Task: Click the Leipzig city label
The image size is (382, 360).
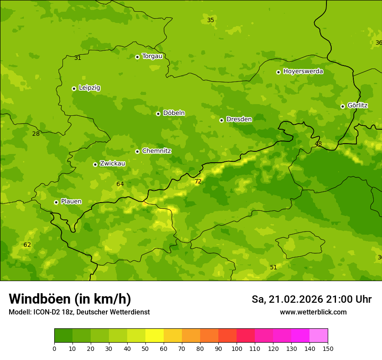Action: [x=89, y=88]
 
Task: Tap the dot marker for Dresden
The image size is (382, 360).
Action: [x=221, y=120]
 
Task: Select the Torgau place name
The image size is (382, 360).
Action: [x=152, y=56]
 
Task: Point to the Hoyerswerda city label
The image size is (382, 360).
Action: [x=303, y=71]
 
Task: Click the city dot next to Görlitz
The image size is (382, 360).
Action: [x=342, y=106]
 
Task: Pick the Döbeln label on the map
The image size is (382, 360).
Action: [x=174, y=113]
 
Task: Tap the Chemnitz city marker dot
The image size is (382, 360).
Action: [x=137, y=151]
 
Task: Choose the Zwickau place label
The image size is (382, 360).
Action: [x=112, y=164]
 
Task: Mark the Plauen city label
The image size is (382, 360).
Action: [x=71, y=201]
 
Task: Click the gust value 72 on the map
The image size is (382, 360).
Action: [x=198, y=181]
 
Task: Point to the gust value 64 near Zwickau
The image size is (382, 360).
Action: [x=120, y=184]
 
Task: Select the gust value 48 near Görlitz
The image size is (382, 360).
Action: [x=318, y=144]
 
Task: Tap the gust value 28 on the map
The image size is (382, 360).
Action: [x=36, y=134]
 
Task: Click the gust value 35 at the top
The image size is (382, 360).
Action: [x=211, y=20]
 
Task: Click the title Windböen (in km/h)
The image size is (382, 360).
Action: [x=70, y=299]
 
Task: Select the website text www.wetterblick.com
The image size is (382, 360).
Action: [x=313, y=312]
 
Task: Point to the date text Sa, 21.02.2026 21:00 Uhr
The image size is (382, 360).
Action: [x=311, y=299]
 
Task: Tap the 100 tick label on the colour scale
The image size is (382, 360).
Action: [x=237, y=348]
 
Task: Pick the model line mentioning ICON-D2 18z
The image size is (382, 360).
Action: [x=79, y=312]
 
